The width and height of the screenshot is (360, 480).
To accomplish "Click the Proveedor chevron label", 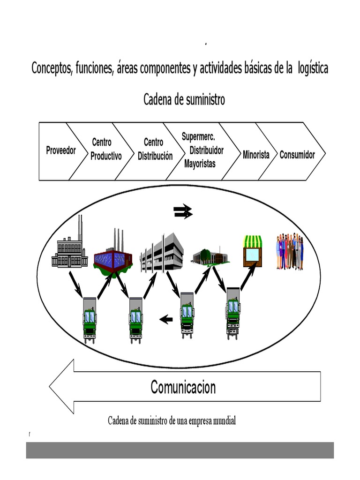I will click(60, 150).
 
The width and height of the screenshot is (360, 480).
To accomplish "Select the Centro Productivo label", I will click(105, 149).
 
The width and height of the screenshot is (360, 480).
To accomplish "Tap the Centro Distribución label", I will click(155, 149).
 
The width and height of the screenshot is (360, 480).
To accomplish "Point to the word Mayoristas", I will click(200, 164).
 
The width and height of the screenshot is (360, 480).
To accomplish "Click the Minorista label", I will click(256, 155).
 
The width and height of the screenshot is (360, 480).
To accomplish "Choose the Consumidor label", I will click(297, 155).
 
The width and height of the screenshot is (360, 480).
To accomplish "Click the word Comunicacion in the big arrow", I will click(183, 387).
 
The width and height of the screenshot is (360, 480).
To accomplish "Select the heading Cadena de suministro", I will click(184, 100).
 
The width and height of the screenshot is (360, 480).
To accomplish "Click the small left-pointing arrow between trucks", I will click(166, 320).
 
